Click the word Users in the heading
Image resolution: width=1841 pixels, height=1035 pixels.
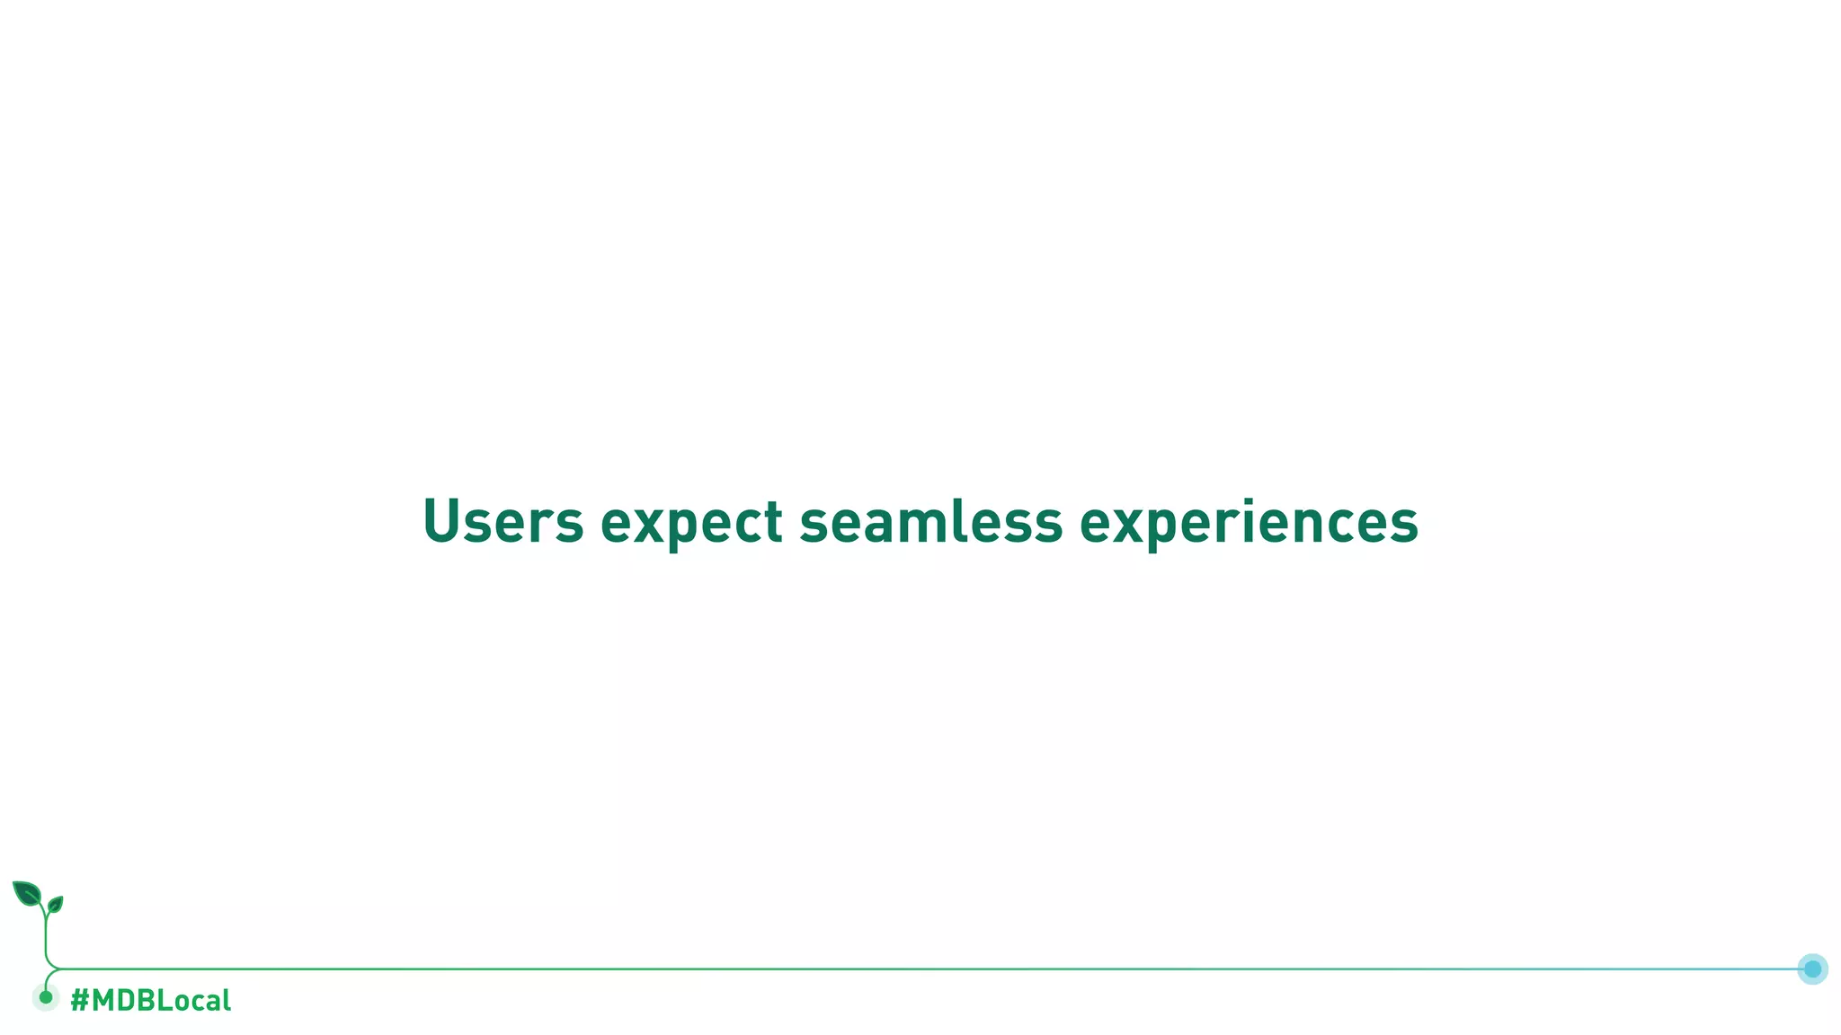(x=502, y=521)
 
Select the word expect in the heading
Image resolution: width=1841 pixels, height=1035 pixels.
(x=691, y=524)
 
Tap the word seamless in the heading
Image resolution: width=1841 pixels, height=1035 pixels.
(x=930, y=521)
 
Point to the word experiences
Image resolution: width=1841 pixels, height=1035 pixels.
(x=1249, y=524)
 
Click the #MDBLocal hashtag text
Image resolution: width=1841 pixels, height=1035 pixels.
(x=150, y=1000)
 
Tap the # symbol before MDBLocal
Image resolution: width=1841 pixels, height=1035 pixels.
(x=79, y=1000)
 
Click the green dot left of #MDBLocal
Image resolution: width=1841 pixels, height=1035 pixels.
(x=46, y=997)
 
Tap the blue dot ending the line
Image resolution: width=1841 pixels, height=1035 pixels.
(x=1812, y=969)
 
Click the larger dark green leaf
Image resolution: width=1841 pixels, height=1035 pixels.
(x=27, y=893)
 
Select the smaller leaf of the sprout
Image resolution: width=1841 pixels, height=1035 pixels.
(x=55, y=905)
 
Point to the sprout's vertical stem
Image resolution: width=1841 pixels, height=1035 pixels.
(x=46, y=939)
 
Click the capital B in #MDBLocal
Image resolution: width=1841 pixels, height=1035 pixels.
(x=147, y=1000)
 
